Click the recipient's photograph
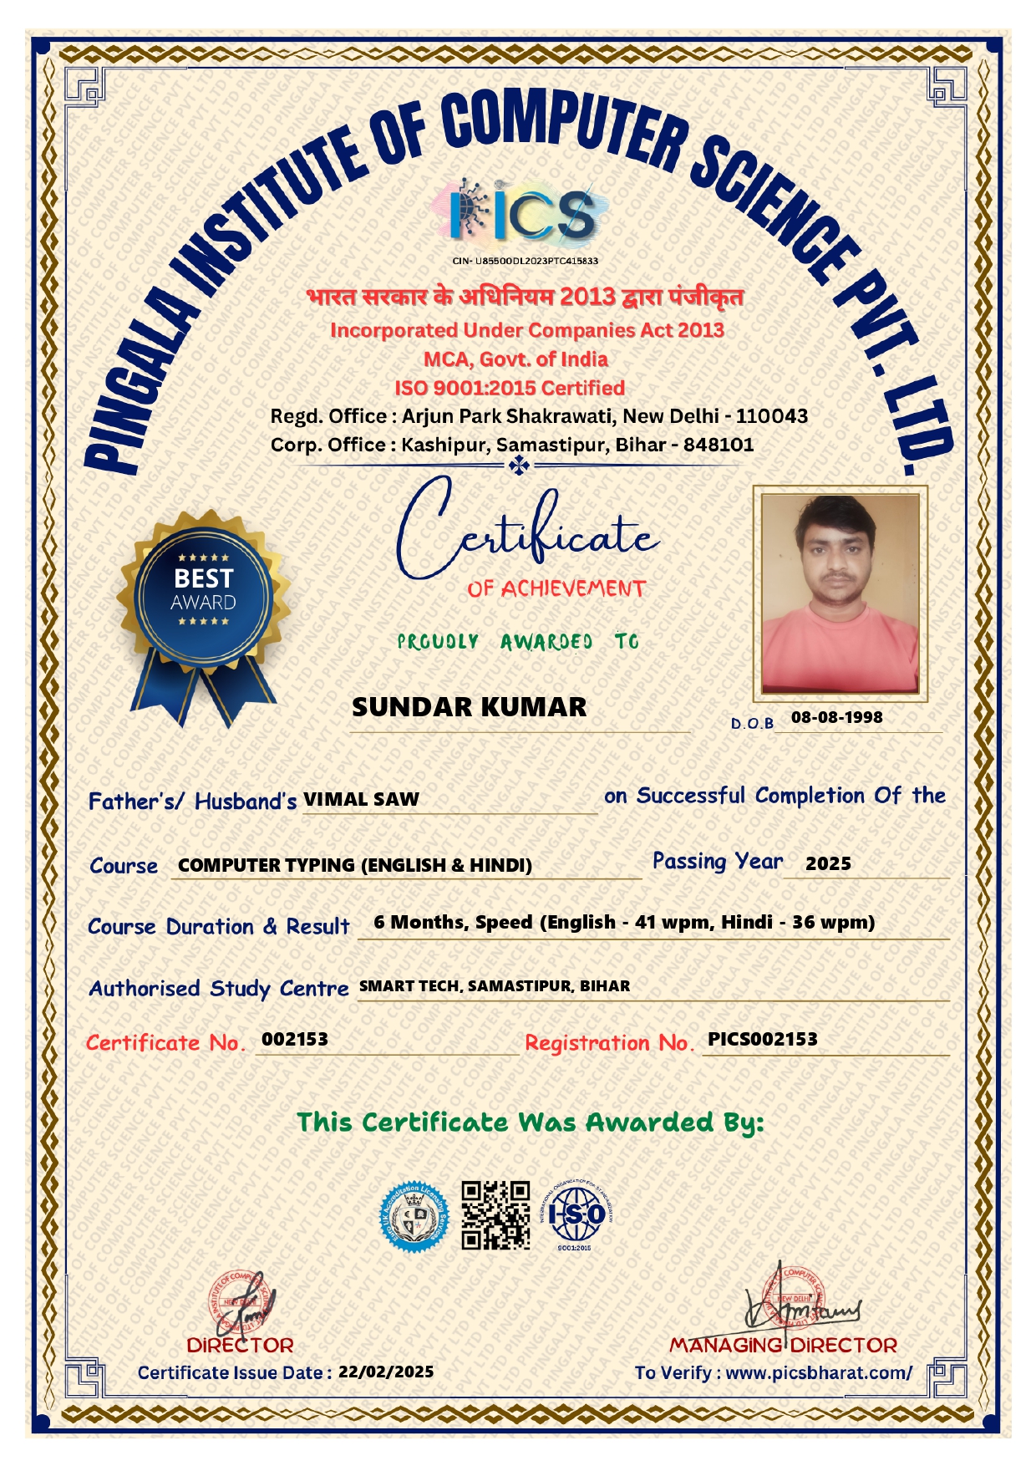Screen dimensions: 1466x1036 coord(840,593)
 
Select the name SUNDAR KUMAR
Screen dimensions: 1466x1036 coord(469,707)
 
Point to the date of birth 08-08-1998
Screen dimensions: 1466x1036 coord(836,717)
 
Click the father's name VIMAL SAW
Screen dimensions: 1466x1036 coord(361,799)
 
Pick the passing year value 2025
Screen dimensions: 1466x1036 coord(828,863)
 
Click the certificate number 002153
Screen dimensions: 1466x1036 coord(295,1039)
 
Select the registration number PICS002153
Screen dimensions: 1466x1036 coord(762,1039)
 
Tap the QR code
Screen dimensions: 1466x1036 coord(495,1214)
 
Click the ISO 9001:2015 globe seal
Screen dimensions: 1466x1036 coord(576,1214)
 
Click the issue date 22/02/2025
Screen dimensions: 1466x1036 coord(386,1372)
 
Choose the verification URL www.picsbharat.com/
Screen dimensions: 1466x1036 coord(819,1372)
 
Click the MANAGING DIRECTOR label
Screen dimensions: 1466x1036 coord(783,1345)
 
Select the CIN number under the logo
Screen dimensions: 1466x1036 coord(525,261)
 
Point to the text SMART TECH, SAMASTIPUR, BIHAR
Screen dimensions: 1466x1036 coord(495,986)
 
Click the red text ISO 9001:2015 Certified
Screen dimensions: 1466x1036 coord(510,388)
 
